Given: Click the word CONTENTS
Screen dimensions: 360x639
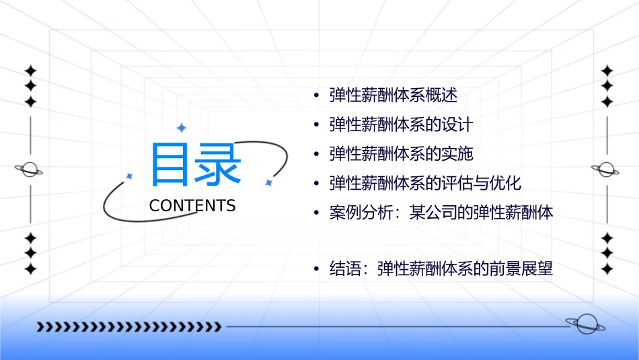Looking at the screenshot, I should pyautogui.click(x=192, y=206).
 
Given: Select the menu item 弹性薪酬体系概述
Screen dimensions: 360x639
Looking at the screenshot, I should pyautogui.click(x=393, y=95).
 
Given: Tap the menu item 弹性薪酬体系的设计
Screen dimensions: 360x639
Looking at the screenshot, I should pyautogui.click(x=402, y=124).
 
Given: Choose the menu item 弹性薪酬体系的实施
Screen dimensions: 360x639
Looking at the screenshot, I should pyautogui.click(x=402, y=154).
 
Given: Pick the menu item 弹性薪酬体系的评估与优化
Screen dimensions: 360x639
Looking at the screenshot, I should pyautogui.click(x=425, y=184).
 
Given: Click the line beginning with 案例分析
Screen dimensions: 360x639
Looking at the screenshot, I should pyautogui.click(x=441, y=213).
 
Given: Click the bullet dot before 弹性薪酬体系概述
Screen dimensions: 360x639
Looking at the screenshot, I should pyautogui.click(x=316, y=96).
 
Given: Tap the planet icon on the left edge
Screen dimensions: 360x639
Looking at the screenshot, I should pyautogui.click(x=30, y=170).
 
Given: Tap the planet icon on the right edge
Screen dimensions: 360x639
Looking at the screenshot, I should pyautogui.click(x=607, y=170).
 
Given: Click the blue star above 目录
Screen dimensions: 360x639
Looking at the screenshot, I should pyautogui.click(x=181, y=128).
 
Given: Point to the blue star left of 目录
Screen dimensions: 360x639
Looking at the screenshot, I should pyautogui.click(x=130, y=176).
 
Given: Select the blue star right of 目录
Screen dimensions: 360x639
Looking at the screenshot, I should pyautogui.click(x=268, y=182).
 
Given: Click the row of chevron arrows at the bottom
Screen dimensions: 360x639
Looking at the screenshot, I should pyautogui.click(x=128, y=327).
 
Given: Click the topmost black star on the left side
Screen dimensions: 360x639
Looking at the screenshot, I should pyautogui.click(x=30, y=70).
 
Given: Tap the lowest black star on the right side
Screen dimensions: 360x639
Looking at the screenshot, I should pyautogui.click(x=607, y=269).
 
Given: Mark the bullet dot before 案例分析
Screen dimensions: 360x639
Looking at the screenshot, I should pyautogui.click(x=316, y=214).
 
